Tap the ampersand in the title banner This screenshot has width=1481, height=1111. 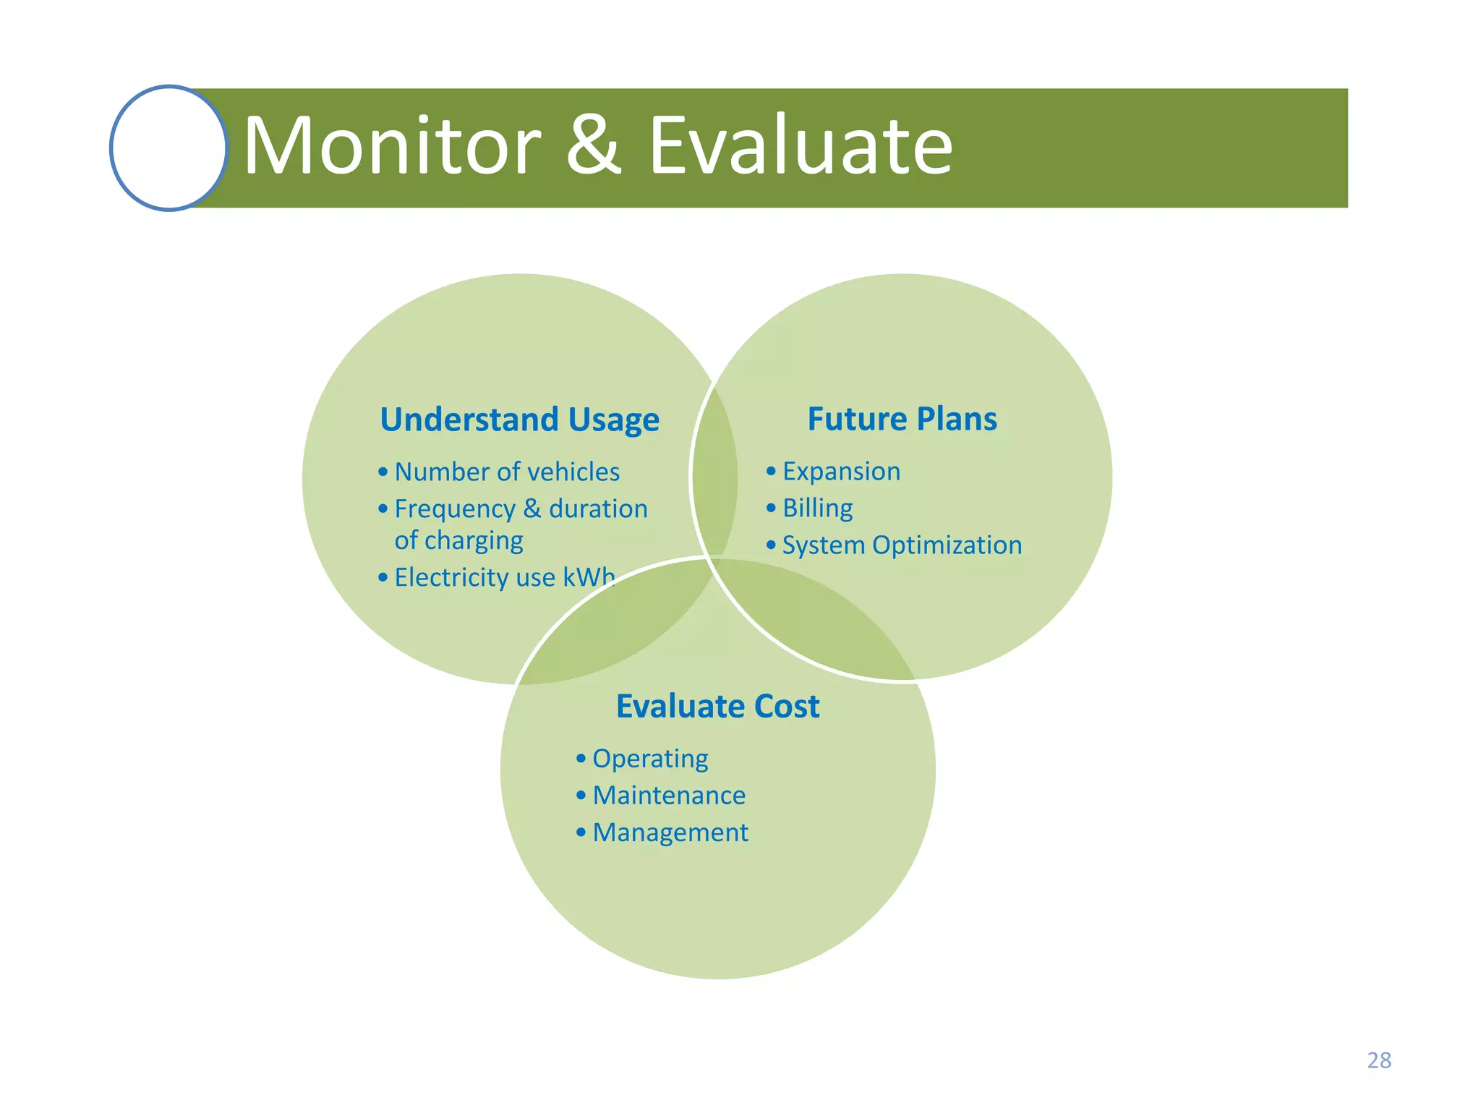click(593, 147)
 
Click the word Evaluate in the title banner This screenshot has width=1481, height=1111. click(801, 147)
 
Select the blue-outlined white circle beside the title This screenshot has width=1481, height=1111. click(169, 148)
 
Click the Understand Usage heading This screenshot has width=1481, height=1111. click(519, 420)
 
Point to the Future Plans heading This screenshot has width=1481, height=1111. click(902, 419)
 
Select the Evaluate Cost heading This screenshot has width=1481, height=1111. click(717, 706)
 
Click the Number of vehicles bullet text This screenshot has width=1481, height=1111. click(507, 472)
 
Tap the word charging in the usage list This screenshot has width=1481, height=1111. click(474, 540)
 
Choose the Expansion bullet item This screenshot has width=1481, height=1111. click(841, 471)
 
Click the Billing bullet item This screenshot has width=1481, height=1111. click(817, 508)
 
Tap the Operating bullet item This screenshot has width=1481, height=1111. click(650, 758)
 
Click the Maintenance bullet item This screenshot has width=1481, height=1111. click(669, 795)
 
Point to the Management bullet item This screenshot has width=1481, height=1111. click(670, 833)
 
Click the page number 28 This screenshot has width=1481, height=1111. click(1378, 1060)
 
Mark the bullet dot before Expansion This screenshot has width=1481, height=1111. click(771, 472)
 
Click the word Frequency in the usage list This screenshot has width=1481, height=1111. click(455, 508)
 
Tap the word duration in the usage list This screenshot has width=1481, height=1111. click(598, 508)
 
